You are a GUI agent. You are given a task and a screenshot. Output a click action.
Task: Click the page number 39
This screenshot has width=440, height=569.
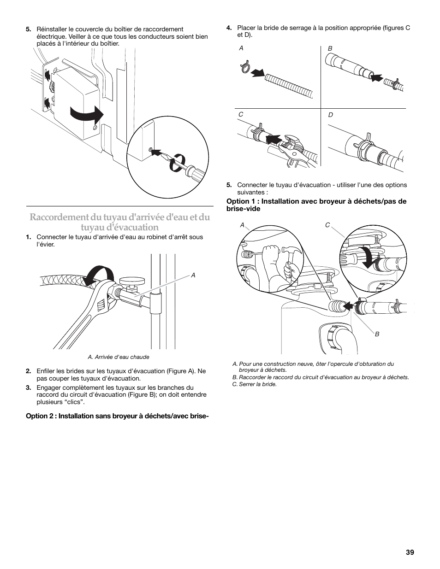410,552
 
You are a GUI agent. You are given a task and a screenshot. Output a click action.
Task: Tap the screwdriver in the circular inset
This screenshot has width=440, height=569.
189,173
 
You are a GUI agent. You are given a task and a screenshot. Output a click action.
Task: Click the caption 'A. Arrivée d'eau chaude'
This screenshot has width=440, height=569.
119,357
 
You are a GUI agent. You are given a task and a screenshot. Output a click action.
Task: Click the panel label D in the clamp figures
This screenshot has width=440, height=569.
330,115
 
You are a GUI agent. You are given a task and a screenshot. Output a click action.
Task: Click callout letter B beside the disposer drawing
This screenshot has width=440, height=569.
377,334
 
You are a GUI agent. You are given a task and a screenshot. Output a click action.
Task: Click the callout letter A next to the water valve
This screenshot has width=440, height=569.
193,275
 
